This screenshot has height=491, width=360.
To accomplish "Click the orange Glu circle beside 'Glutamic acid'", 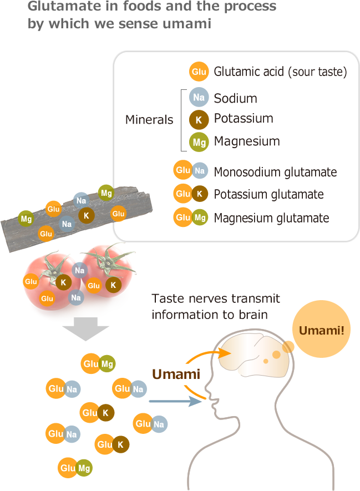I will coord(198,72).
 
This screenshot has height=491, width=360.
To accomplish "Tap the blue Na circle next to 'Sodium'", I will coord(198,98).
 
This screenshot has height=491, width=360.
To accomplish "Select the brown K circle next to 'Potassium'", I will coord(198,119).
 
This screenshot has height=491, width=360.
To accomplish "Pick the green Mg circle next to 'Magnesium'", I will coord(198,142).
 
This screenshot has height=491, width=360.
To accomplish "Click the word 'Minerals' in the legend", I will coord(149,120).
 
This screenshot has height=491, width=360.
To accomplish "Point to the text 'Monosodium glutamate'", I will coord(275,172).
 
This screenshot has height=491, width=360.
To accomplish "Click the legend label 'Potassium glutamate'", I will coord(268,194).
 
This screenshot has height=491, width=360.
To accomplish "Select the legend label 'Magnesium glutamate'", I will coord(271,218).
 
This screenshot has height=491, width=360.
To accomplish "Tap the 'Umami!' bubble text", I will coord(321,331).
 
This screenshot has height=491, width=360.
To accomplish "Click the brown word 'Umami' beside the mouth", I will coord(176,374).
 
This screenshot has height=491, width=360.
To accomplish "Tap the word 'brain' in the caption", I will coord(254,315).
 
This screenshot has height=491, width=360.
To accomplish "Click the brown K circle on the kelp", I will coord(86,215).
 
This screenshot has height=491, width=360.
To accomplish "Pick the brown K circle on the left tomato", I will coord(63,282).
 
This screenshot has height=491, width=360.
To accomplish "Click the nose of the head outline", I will coord(207,393).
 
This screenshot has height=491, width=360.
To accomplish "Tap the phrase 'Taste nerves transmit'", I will coord(216,299).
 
